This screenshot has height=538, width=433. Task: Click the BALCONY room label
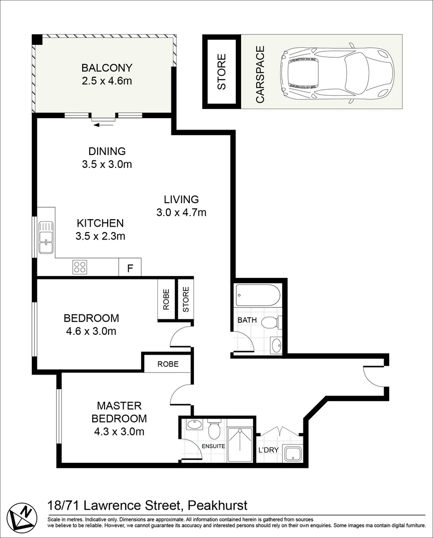tap(107, 68)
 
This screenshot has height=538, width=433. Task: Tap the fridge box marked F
tap(130, 267)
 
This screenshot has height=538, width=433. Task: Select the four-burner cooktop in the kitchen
tap(80, 267)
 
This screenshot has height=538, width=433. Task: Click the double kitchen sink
tap(46, 238)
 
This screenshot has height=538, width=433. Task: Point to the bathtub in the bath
tap(258, 295)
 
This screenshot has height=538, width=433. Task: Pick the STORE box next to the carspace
tap(221, 71)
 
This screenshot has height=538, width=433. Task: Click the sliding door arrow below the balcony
tap(103, 125)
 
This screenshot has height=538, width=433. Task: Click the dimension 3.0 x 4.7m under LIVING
tap(181, 212)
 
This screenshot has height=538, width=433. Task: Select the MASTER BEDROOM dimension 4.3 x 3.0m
tap(119, 431)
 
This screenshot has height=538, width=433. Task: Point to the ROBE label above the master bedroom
tap(168, 364)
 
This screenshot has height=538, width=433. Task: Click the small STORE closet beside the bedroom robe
tap(185, 299)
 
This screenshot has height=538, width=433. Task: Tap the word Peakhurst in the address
tap(218, 506)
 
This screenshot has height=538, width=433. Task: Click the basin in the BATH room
tap(276, 345)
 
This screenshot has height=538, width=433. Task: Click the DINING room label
tap(107, 151)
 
